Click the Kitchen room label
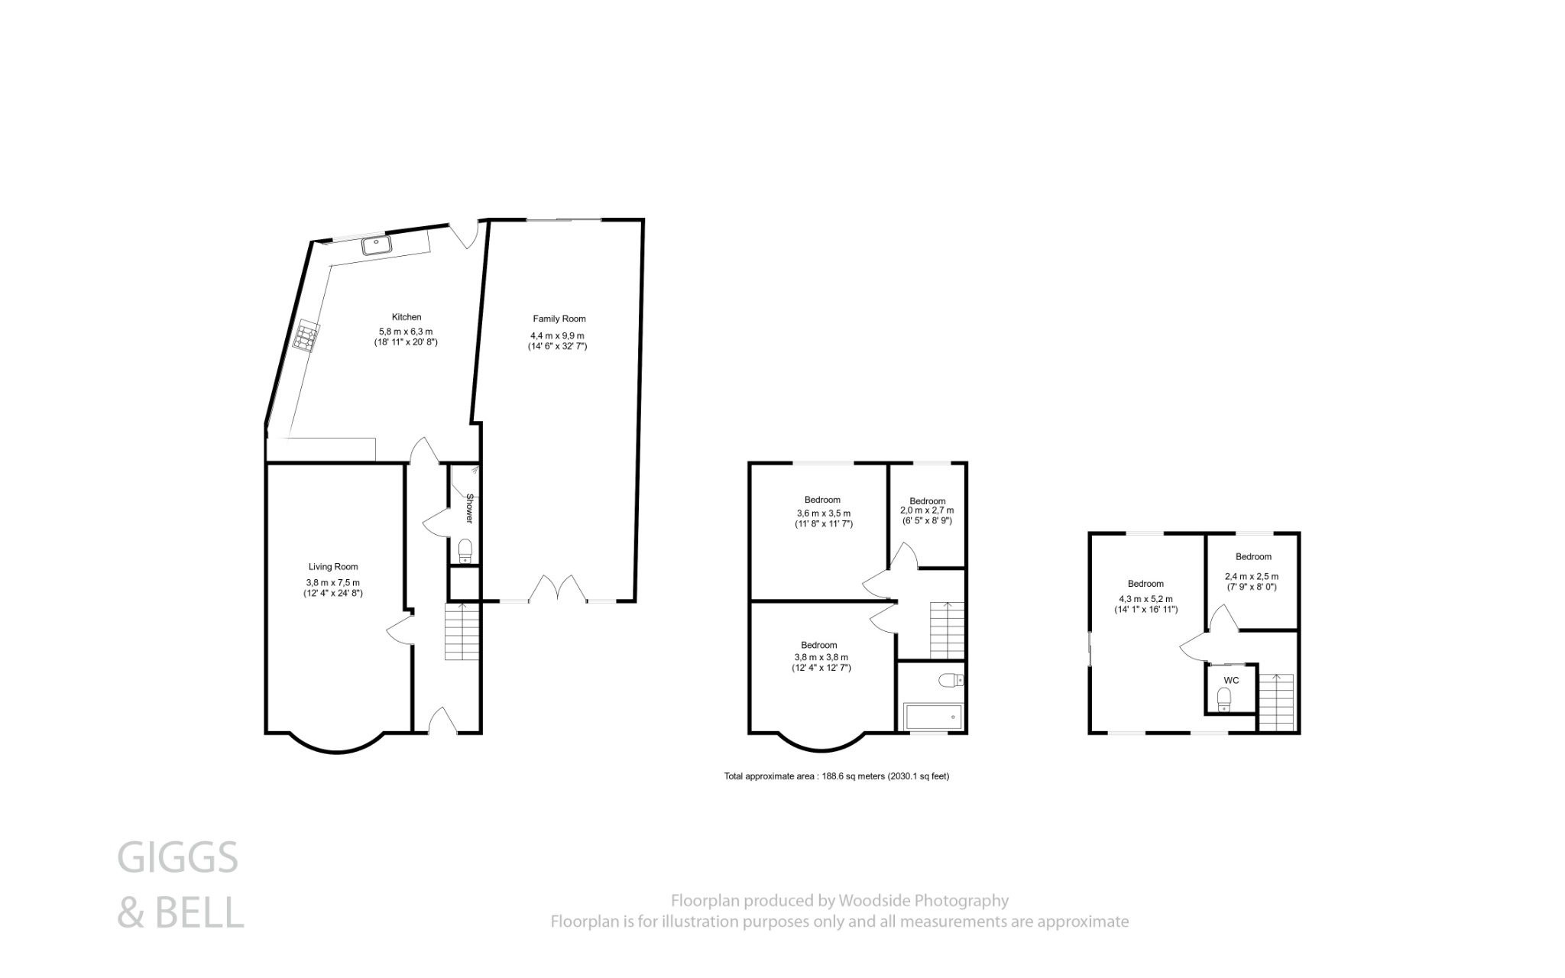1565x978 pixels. (x=407, y=317)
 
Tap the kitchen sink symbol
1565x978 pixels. (x=377, y=244)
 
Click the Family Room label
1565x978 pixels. (x=559, y=319)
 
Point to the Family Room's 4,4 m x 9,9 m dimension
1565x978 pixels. (x=557, y=336)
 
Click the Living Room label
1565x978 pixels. (x=333, y=567)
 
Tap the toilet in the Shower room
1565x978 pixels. (x=465, y=550)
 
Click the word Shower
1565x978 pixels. (x=470, y=508)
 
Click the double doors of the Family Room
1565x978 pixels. (x=557, y=588)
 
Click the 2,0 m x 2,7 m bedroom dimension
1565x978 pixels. (x=927, y=510)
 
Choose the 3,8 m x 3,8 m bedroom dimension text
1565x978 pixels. (x=821, y=657)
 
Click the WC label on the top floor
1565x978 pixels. (x=1231, y=680)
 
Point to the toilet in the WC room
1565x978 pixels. (x=1224, y=698)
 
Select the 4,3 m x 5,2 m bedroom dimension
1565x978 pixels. (x=1145, y=599)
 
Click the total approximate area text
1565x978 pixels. (x=836, y=776)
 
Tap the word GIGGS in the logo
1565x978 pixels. (x=177, y=858)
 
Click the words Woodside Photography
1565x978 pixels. (x=923, y=901)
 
